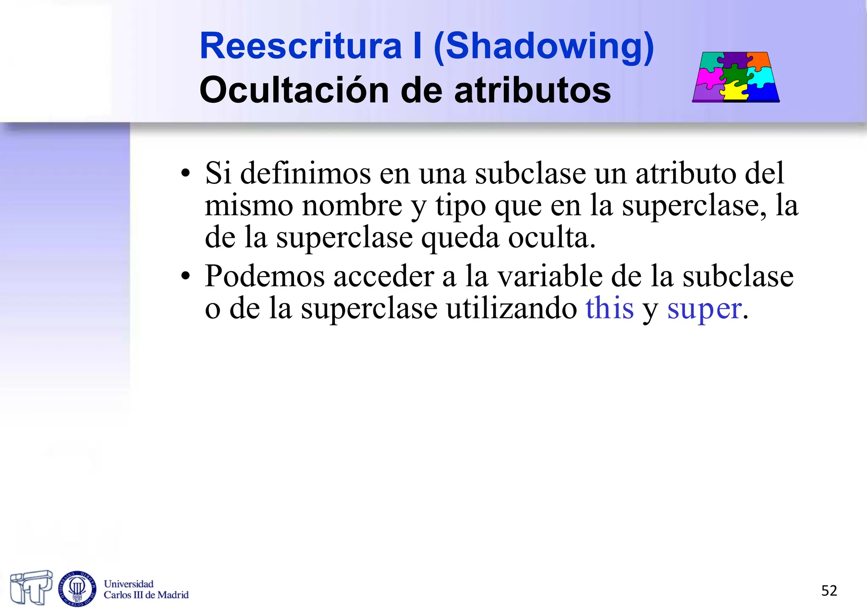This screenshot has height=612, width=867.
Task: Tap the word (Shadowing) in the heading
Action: [544, 47]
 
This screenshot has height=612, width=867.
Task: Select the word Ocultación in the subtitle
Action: [294, 90]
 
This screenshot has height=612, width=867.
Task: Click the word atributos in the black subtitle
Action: [533, 90]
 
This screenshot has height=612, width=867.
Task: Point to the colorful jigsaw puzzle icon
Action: [736, 77]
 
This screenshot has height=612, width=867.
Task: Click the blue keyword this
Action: [610, 308]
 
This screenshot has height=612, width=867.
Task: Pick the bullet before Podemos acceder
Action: [185, 277]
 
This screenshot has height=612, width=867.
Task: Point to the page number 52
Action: [829, 590]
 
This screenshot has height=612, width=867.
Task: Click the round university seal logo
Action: [77, 588]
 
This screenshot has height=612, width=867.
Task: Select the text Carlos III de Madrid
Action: [146, 595]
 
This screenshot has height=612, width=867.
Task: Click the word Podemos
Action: [265, 277]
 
